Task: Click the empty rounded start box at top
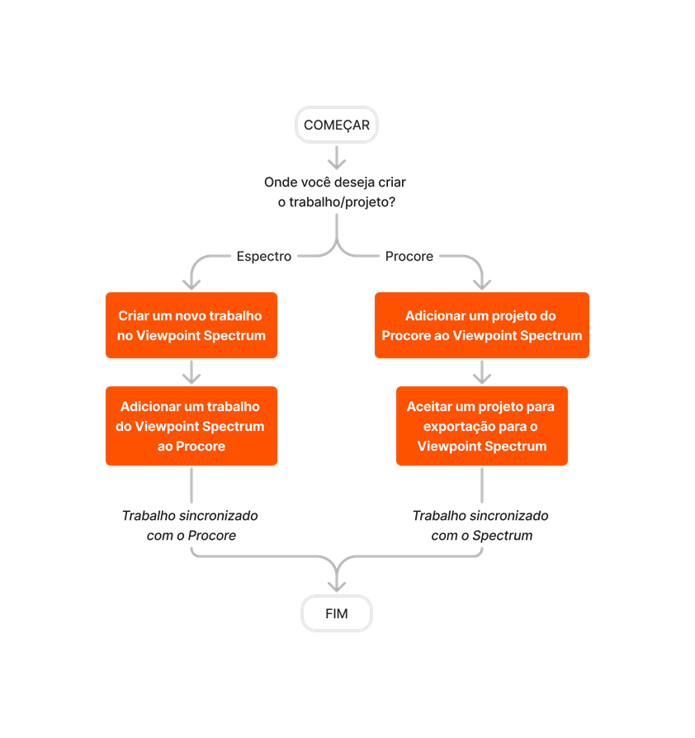336,125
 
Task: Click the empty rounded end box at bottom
336,614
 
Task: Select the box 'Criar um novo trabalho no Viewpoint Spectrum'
191,325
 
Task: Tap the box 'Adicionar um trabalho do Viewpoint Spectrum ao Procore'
191,426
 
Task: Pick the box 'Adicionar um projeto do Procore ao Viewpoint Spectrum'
481,325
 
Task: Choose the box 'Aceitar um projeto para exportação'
481,426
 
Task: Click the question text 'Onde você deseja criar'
334,182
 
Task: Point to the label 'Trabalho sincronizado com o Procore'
190,525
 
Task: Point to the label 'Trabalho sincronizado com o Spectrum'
480,525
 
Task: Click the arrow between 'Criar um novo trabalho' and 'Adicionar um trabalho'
191,372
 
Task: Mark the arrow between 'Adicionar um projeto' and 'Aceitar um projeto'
482,372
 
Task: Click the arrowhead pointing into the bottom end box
336,584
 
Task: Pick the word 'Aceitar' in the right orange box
428,407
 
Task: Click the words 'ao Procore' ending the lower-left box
191,446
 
